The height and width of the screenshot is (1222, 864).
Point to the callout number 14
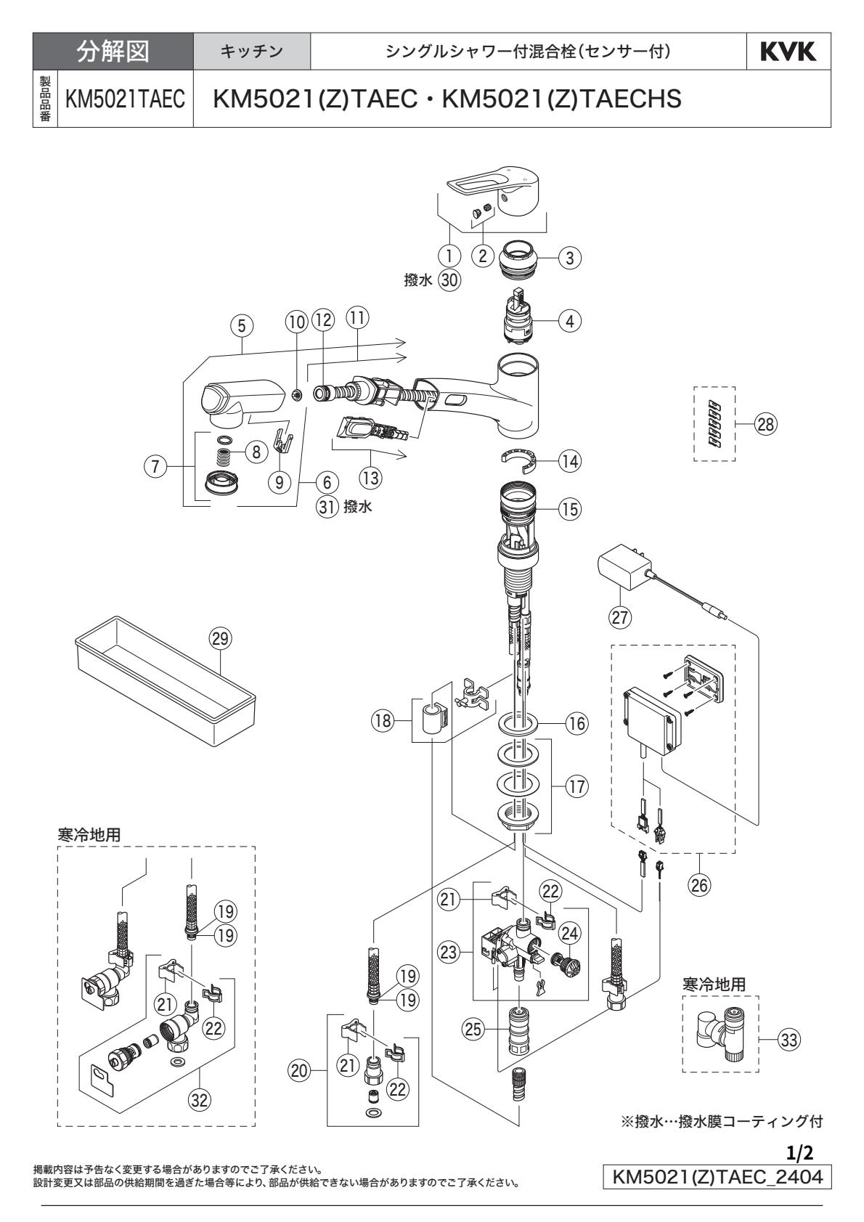(x=570, y=460)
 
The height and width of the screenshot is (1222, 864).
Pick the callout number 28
(x=765, y=425)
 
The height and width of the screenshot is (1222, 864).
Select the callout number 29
(x=219, y=638)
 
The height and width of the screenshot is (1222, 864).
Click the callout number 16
(x=578, y=724)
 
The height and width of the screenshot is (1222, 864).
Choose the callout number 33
(x=787, y=1040)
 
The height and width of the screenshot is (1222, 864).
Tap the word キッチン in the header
(x=252, y=52)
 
